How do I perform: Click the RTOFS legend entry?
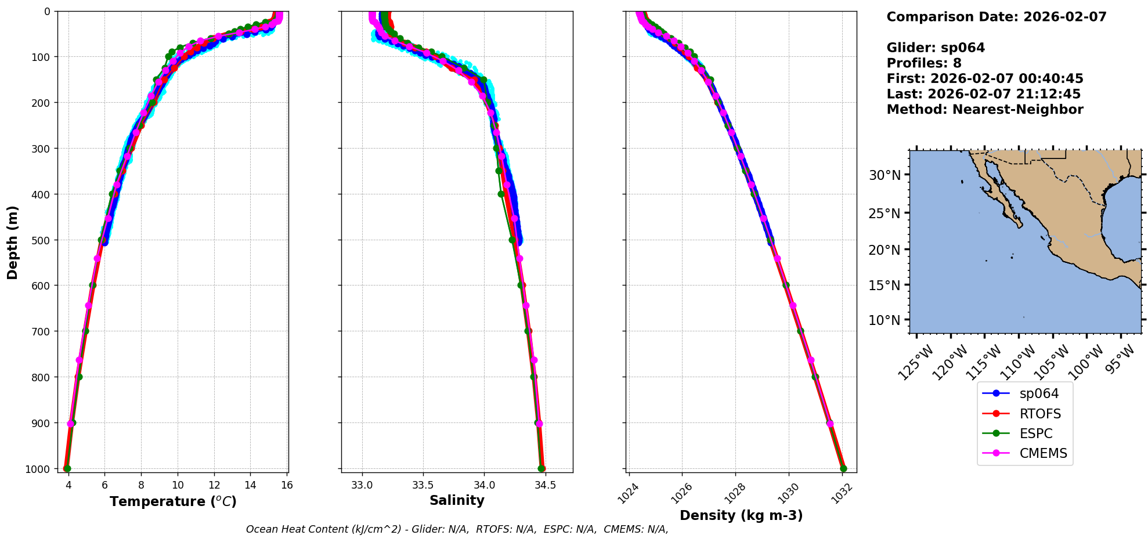[1039, 414]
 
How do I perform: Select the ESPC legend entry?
[1035, 433]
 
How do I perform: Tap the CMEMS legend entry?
[1043, 453]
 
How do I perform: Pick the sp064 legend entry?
[1039, 393]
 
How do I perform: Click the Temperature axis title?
[173, 501]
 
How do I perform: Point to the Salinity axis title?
[457, 500]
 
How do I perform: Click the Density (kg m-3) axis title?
[741, 515]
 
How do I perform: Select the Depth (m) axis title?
[13, 242]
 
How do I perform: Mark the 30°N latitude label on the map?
[885, 175]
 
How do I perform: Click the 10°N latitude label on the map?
[885, 320]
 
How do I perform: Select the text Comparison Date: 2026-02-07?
[997, 17]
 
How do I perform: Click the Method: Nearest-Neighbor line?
[985, 110]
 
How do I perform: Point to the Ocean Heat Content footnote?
[457, 529]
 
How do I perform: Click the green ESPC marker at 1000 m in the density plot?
[843, 468]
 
